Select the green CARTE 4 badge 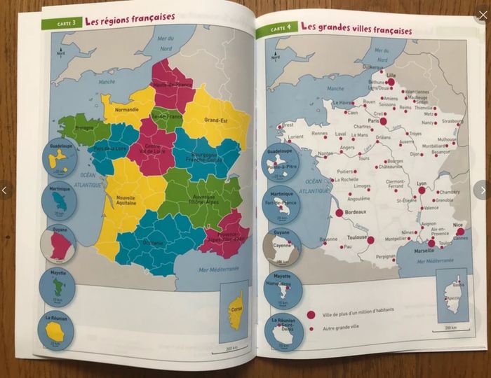276,29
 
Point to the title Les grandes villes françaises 356,29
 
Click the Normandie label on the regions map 126,109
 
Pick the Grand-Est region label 218,120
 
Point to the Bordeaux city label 358,211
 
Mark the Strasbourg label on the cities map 452,121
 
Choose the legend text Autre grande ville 346,328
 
